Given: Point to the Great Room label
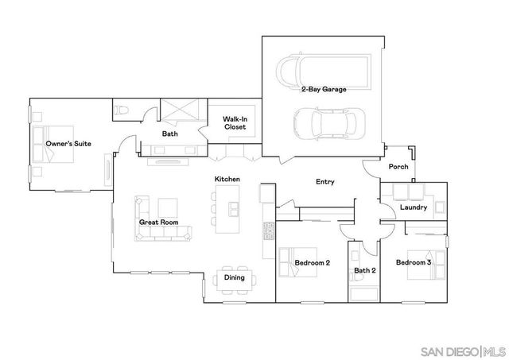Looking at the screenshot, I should point(158,223).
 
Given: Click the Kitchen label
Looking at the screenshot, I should point(227,180).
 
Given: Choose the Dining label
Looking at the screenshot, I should point(234,277).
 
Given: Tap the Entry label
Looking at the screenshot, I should point(324,182).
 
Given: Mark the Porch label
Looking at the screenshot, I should point(398,167).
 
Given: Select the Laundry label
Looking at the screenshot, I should point(414,207).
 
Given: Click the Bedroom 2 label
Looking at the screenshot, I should point(313,262).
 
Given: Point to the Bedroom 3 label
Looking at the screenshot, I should point(414,262).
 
